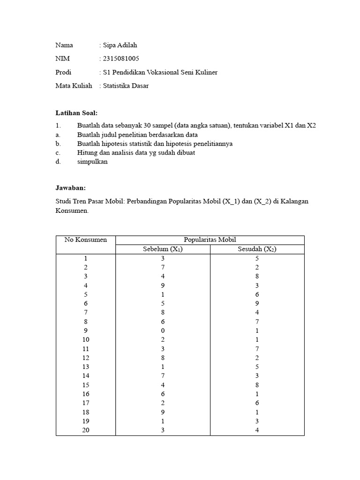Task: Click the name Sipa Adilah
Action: pos(120,45)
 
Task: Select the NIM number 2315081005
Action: pos(121,59)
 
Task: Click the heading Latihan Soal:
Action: pos(76,113)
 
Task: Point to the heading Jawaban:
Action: pos(70,187)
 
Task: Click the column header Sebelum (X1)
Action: pos(163,249)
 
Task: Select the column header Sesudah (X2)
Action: pos(257,249)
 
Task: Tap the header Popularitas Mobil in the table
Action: pos(210,240)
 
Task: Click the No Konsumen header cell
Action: pos(86,240)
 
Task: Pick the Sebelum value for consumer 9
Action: pos(163,330)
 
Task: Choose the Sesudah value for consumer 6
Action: pos(257,303)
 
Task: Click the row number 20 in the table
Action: pos(86,430)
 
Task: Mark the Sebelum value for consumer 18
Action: pos(163,412)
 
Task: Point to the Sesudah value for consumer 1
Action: pos(257,258)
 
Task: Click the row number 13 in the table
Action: pos(86,367)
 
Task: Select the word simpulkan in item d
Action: pos(92,161)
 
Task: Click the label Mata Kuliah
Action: pos(74,86)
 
